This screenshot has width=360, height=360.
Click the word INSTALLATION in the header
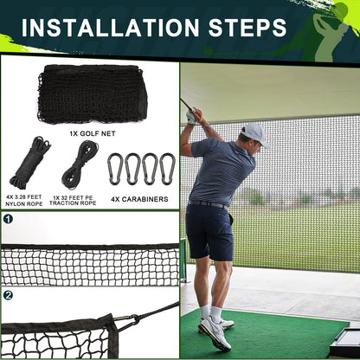click(110, 28)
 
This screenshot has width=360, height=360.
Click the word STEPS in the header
click(247, 28)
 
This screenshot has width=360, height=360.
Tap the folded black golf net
click(93, 94)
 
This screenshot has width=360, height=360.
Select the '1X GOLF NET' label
click(93, 133)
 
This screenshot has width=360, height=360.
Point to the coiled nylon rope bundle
click(29, 163)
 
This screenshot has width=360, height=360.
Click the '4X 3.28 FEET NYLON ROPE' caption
click(24, 201)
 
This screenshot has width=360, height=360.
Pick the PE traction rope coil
click(80, 164)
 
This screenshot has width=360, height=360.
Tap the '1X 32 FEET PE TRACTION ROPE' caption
click(73, 201)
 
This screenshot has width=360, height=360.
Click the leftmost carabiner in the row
click(115, 169)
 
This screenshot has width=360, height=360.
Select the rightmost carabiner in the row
click(168, 169)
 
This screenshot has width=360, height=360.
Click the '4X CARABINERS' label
click(139, 199)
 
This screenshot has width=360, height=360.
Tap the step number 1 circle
click(8, 219)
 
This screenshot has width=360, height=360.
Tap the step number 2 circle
click(8, 295)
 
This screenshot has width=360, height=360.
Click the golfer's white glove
click(191, 116)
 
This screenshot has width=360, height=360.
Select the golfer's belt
click(209, 205)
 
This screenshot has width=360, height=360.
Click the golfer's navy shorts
click(209, 232)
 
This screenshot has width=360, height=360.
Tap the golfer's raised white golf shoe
click(214, 332)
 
